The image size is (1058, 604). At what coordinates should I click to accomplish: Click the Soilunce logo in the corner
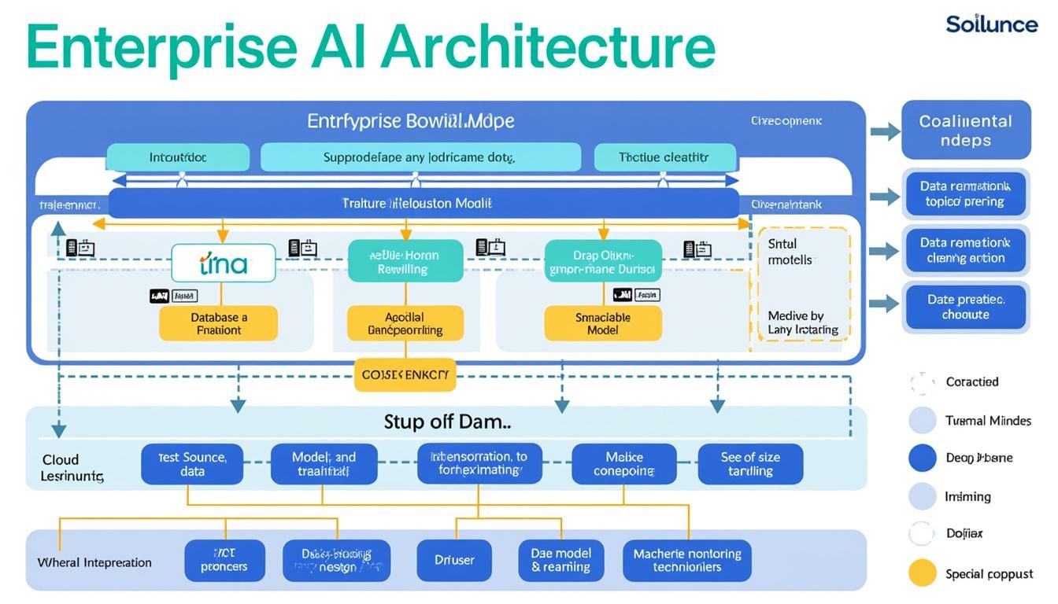(x=991, y=24)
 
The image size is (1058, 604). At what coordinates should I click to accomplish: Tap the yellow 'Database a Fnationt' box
(x=219, y=323)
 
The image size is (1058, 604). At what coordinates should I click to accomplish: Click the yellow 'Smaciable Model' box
(x=602, y=323)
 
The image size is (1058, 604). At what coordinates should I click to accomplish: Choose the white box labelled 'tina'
(x=224, y=263)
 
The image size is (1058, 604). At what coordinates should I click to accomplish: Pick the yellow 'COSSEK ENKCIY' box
(x=405, y=375)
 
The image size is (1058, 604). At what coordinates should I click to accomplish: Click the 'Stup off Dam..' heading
(x=447, y=422)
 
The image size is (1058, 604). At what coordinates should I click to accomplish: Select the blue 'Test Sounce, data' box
(x=192, y=464)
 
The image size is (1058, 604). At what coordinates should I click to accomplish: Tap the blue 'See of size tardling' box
(x=749, y=464)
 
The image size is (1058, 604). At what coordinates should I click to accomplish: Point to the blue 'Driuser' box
(x=454, y=560)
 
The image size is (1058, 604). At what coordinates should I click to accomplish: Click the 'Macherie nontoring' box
(x=686, y=560)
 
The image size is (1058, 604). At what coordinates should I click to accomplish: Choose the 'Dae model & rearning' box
(x=560, y=560)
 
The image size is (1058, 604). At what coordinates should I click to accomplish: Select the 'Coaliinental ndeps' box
(x=965, y=131)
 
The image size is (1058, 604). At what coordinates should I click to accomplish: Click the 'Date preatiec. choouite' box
(x=965, y=307)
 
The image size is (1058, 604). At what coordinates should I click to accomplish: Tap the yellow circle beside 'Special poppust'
(x=923, y=573)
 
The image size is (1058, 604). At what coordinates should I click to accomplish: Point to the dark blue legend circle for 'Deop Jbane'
(x=923, y=458)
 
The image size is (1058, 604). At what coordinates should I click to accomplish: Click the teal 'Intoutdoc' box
(x=178, y=157)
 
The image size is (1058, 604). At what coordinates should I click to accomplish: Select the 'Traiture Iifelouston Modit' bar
(x=423, y=203)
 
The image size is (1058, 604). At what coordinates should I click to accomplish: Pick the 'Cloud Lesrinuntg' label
(x=72, y=468)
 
